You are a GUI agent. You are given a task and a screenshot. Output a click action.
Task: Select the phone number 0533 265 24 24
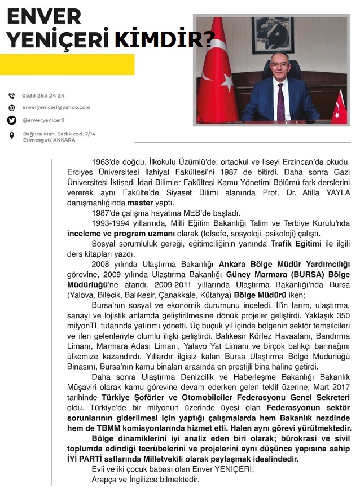[43, 96]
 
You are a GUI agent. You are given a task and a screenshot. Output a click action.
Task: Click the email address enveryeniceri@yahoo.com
[56, 107]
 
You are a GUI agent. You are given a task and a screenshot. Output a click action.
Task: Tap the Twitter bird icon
[12, 120]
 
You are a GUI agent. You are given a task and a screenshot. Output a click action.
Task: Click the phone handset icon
[12, 96]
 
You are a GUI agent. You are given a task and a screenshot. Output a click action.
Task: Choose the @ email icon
[12, 107]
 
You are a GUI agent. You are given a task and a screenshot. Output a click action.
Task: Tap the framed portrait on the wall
[272, 36]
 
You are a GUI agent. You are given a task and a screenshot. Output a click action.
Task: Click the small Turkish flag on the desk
[340, 107]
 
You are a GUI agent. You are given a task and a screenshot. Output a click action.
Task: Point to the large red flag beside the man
[221, 73]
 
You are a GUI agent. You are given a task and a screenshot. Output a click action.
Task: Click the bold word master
[141, 203]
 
